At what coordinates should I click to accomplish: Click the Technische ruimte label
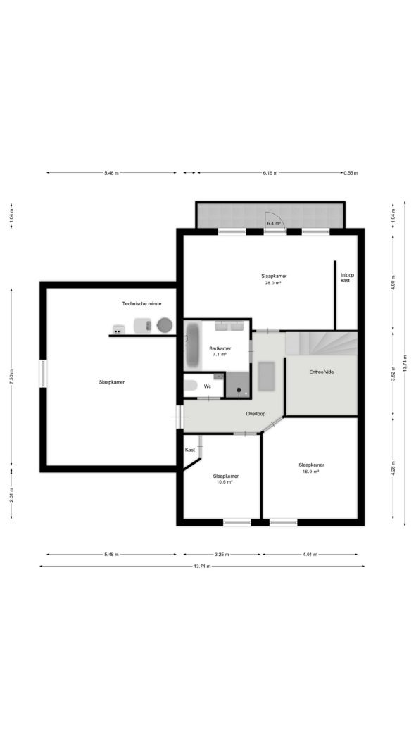pyautogui.click(x=141, y=304)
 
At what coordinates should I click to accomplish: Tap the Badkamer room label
pyautogui.click(x=220, y=349)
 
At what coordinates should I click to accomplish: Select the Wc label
pyautogui.click(x=207, y=386)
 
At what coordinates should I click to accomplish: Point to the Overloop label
pyautogui.click(x=256, y=414)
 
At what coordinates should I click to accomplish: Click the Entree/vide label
pyautogui.click(x=321, y=372)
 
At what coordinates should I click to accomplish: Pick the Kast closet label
pyautogui.click(x=190, y=450)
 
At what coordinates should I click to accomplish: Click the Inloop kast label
pyautogui.click(x=346, y=277)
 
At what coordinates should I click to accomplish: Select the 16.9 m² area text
pyautogui.click(x=311, y=472)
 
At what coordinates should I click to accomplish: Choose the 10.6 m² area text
pyautogui.click(x=226, y=482)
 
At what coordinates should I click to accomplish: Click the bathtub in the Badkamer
pyautogui.click(x=192, y=345)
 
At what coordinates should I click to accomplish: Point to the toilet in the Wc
pyautogui.click(x=190, y=386)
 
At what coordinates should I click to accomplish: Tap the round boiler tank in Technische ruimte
pyautogui.click(x=165, y=324)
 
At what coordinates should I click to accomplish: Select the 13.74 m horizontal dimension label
pyautogui.click(x=201, y=566)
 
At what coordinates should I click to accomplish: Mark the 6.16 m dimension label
pyautogui.click(x=270, y=173)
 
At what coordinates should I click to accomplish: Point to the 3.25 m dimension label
pyautogui.click(x=222, y=555)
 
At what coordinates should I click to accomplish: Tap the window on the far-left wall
pyautogui.click(x=43, y=374)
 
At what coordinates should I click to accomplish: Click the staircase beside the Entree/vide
pyautogui.click(x=322, y=343)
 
